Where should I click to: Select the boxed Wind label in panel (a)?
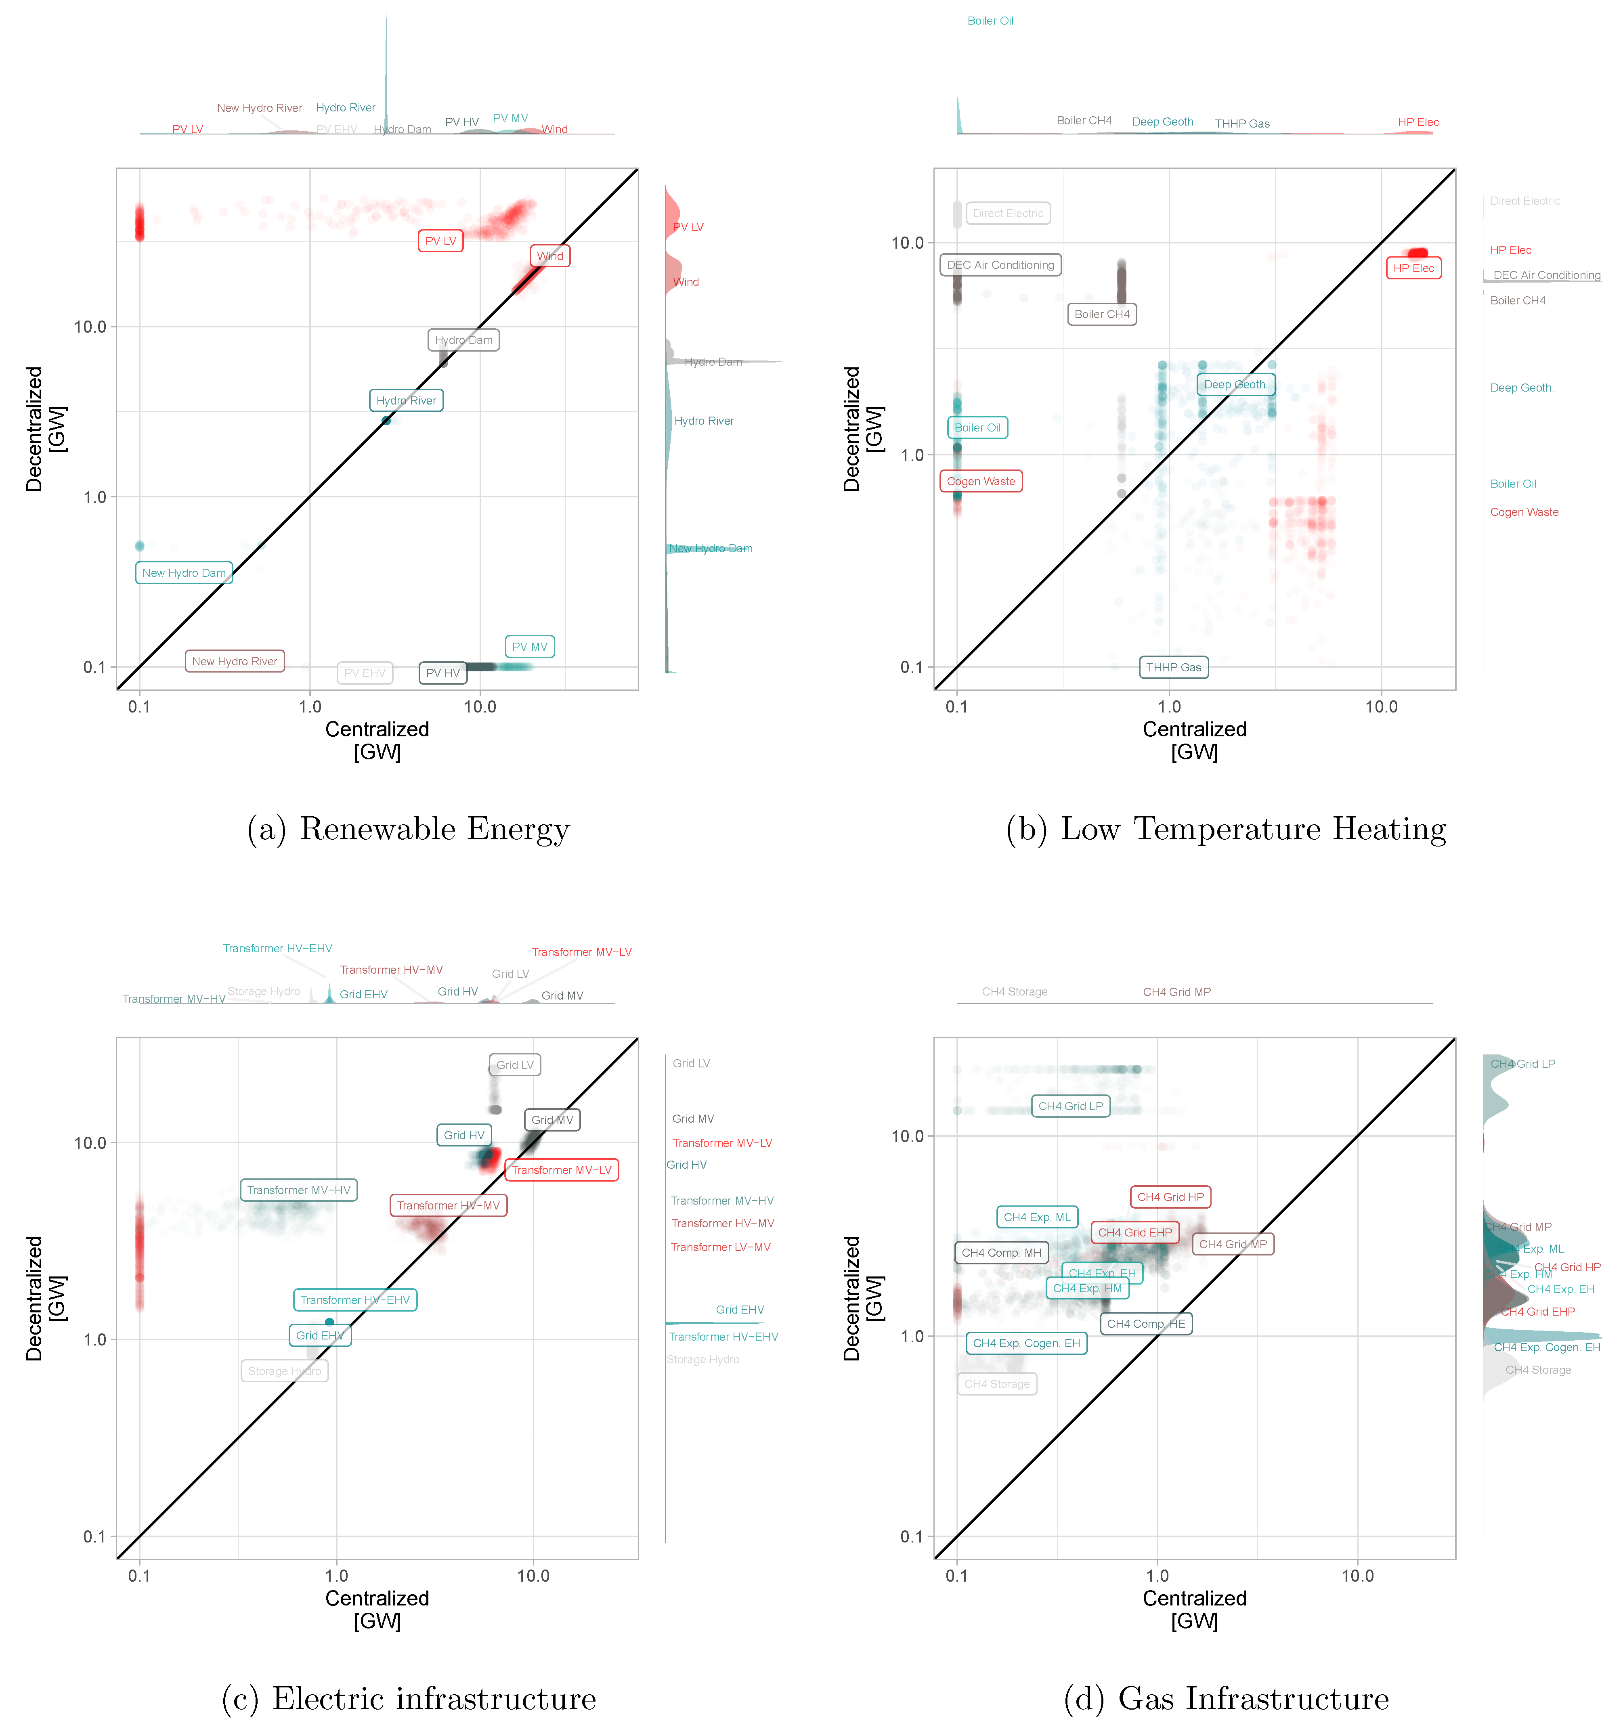click(550, 256)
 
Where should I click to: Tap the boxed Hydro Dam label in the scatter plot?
click(463, 340)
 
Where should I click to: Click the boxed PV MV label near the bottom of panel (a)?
click(530, 646)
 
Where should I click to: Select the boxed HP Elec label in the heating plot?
click(1413, 268)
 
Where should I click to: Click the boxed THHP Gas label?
click(1173, 667)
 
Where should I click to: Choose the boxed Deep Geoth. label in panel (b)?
click(1235, 384)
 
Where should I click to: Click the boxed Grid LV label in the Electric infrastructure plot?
click(515, 1065)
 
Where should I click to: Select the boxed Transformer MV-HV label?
click(298, 1190)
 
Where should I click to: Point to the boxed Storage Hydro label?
click(284, 1371)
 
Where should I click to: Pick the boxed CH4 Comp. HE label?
click(1145, 1324)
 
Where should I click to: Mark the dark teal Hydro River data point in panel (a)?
click(386, 421)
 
